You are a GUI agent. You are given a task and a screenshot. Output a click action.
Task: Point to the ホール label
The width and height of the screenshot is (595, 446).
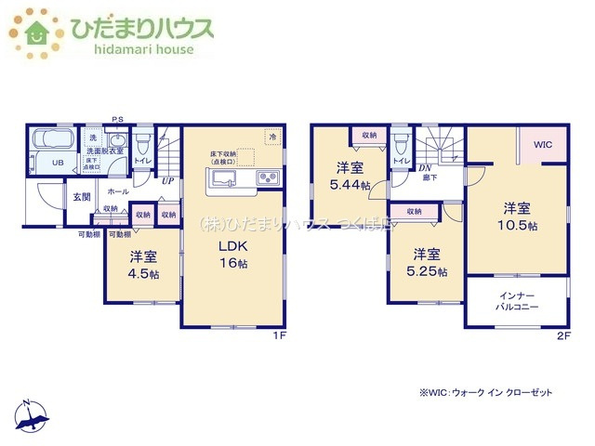click(x=117, y=190)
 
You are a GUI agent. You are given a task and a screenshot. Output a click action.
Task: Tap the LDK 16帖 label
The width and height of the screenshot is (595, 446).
click(x=232, y=255)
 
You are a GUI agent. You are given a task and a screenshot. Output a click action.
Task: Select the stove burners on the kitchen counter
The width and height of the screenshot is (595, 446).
click(x=267, y=178)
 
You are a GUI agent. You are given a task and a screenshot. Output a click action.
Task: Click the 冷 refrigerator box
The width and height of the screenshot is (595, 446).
click(x=272, y=138)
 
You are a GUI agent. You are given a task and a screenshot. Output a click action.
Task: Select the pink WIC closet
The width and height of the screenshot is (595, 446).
click(x=542, y=145)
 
